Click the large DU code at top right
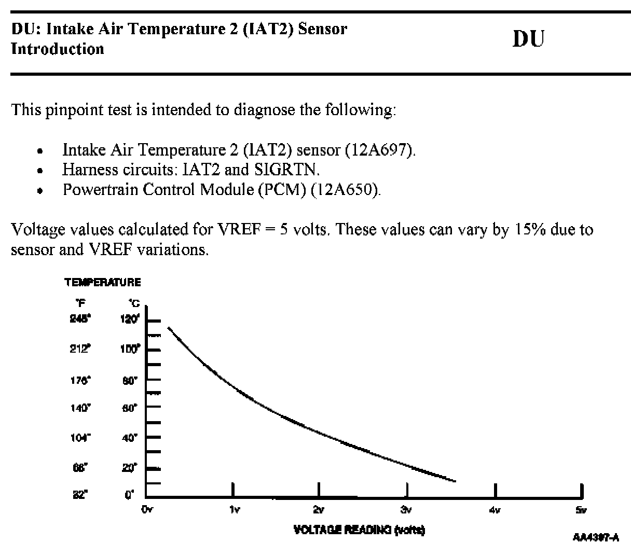[528, 39]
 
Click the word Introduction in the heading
[58, 49]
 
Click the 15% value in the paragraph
[530, 229]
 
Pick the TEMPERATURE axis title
[103, 283]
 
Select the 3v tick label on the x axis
[407, 510]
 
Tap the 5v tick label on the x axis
[581, 510]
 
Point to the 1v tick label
[234, 510]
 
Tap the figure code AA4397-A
[596, 537]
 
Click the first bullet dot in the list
[40, 152]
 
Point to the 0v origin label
[147, 510]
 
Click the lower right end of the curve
[454, 481]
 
